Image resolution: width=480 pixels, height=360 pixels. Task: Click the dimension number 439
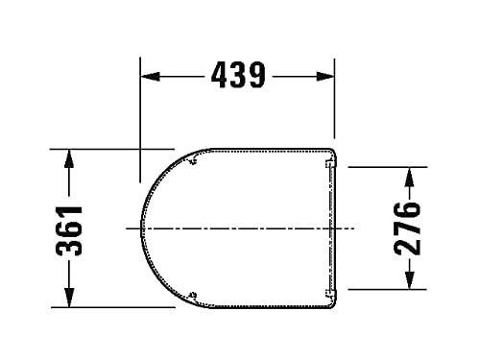click(238, 75)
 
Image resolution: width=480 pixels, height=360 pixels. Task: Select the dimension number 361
click(69, 230)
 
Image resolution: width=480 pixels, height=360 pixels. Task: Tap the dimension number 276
click(407, 228)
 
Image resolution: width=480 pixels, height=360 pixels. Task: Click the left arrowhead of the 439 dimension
click(151, 77)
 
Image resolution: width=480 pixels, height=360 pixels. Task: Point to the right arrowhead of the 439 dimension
click(324, 77)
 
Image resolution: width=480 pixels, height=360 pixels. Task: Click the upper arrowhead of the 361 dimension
click(69, 158)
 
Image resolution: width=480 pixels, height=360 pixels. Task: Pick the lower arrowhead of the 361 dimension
click(69, 298)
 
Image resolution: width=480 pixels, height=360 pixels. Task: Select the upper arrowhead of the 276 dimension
click(409, 177)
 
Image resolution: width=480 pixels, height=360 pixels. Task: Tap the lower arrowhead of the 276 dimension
click(409, 280)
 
